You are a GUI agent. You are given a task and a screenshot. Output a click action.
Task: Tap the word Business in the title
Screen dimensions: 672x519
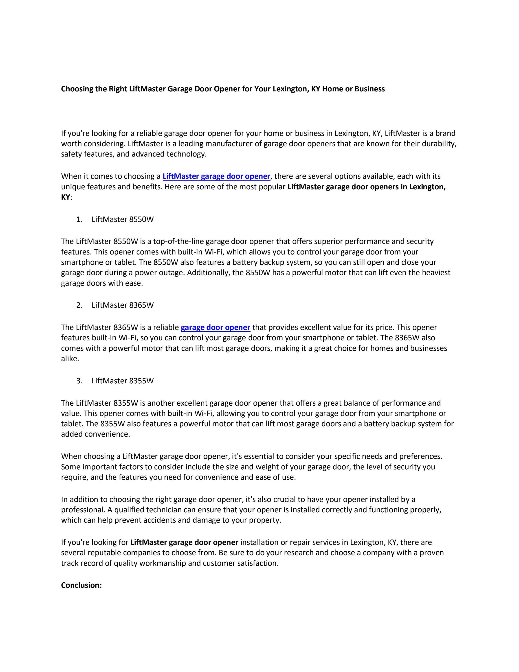coord(369,89)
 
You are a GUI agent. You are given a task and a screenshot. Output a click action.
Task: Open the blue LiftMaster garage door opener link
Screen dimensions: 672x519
coord(216,176)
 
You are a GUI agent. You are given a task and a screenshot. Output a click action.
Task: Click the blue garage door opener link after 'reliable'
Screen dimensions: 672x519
coord(215,327)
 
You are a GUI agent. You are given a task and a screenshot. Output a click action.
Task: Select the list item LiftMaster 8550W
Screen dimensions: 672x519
coord(122,219)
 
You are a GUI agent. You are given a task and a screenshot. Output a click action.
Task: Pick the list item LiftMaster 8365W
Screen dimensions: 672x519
coord(122,305)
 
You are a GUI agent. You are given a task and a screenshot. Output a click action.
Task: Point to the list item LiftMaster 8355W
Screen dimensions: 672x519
coord(122,381)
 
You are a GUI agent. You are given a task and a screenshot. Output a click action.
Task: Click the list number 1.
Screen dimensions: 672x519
coord(79,219)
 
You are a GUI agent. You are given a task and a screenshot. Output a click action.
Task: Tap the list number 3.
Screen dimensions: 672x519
coord(79,381)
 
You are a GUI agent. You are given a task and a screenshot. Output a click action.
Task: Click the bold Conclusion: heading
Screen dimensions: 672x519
coord(81,585)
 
